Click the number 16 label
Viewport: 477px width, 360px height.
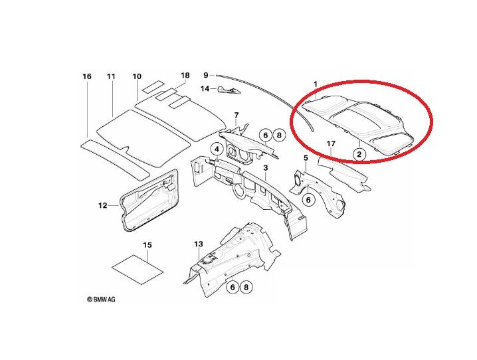point(87,77)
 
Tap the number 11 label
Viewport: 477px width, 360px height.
point(111,77)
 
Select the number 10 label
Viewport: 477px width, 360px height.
point(137,77)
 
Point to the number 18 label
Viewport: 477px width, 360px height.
point(185,76)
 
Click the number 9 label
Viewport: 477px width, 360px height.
point(206,75)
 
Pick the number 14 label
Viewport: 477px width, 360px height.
point(205,88)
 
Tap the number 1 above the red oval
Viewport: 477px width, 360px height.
point(316,84)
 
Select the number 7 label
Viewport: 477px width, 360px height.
point(235,116)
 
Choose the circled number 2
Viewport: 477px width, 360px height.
point(359,154)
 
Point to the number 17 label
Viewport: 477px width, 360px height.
point(330,144)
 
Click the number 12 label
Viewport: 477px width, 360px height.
point(103,206)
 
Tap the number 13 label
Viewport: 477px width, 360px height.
point(198,244)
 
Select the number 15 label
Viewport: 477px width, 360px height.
point(147,245)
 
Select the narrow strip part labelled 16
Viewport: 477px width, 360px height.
point(113,158)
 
